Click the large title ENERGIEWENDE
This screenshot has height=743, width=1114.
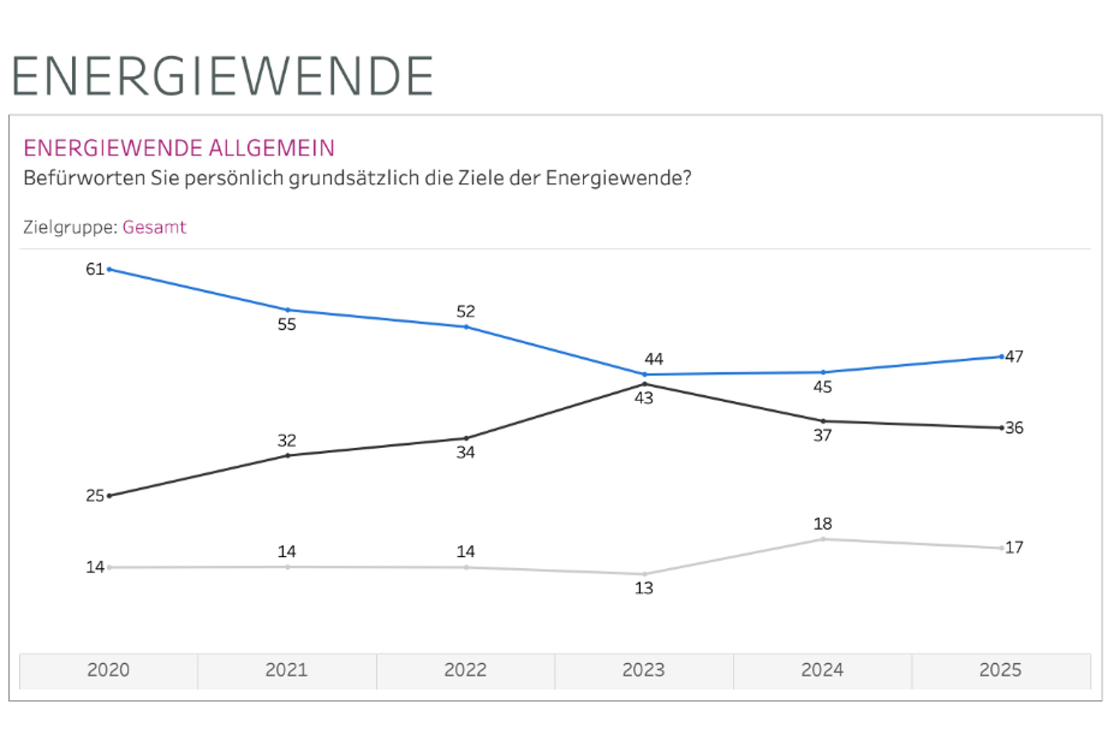[x=222, y=76]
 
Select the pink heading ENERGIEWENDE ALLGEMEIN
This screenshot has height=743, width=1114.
[x=179, y=148]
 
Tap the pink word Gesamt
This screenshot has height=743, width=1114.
[x=154, y=227]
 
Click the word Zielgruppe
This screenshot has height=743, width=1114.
[x=70, y=227]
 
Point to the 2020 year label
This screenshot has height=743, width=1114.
[x=108, y=670]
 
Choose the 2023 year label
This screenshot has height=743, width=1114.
[x=643, y=670]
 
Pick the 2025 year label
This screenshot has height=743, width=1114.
[x=1000, y=670]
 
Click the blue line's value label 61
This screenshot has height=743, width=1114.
[x=95, y=269]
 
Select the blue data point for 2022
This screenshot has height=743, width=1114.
[x=466, y=327]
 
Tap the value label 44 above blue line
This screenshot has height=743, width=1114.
[x=654, y=359]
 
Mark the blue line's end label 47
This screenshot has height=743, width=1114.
[x=1014, y=357]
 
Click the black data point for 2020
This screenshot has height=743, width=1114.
[x=109, y=496]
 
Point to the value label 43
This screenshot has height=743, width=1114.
[x=644, y=398]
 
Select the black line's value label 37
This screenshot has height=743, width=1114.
[x=822, y=436]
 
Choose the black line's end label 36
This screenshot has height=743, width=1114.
[x=1014, y=428]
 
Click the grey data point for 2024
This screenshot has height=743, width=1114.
[x=823, y=539]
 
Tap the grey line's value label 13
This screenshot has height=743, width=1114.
[x=644, y=588]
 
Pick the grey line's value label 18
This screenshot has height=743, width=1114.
[x=822, y=524]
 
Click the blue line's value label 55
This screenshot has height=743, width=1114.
[x=287, y=324]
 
